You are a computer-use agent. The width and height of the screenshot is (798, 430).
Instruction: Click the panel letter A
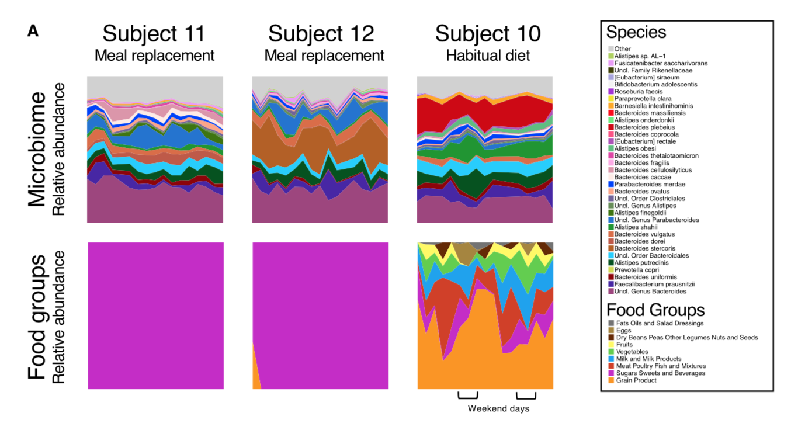tap(33, 32)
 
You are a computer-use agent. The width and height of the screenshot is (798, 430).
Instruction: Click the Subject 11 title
tap(154, 34)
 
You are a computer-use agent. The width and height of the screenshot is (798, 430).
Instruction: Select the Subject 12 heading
tap(321, 34)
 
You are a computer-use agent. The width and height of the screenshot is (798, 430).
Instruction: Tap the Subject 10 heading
tap(488, 34)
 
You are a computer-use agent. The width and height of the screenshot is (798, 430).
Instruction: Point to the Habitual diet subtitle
tap(488, 56)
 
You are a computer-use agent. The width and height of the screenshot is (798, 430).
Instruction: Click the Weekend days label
tap(498, 409)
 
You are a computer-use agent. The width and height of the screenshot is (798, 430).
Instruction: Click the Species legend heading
tap(636, 32)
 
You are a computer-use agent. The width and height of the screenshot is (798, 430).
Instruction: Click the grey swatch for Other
tap(611, 49)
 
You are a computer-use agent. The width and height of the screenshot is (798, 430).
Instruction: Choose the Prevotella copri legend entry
tap(636, 270)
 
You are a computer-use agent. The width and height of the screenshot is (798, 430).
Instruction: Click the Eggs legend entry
tap(622, 330)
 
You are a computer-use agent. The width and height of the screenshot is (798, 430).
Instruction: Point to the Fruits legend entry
tap(623, 345)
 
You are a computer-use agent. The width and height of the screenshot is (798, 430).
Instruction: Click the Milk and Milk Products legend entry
tap(648, 359)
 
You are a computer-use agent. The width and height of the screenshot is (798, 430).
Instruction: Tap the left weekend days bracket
tap(467, 396)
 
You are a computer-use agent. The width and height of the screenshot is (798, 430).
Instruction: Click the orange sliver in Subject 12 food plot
tap(255, 374)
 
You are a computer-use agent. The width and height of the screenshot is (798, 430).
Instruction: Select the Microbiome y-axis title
tap(36, 149)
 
